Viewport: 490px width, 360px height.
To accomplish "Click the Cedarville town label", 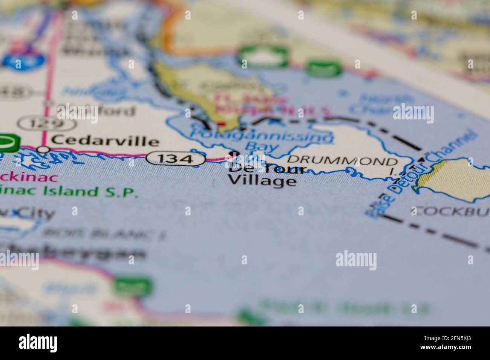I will pos(104,141).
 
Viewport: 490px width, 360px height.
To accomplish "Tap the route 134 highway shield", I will pos(176,159).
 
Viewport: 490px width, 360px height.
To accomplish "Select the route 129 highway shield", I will pos(48,123).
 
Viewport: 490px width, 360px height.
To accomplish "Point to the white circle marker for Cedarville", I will pos(44,150).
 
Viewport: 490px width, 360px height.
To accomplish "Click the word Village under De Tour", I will pos(262,182).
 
